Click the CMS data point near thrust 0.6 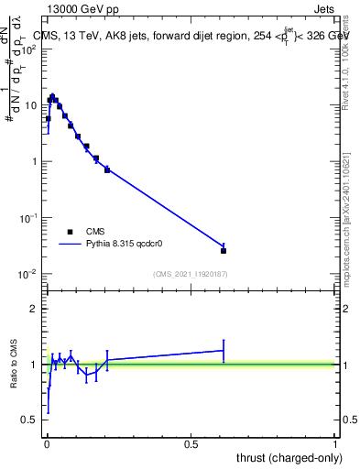tap(224, 250)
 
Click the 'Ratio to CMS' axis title tap(16, 364)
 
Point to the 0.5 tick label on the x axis tap(191, 445)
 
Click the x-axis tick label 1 tap(335, 445)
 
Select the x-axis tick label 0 tap(46, 445)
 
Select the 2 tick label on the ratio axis tap(33, 309)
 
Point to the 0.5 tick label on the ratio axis tap(29, 420)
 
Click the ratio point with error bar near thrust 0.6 tap(224, 350)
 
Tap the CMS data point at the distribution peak tap(52, 97)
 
